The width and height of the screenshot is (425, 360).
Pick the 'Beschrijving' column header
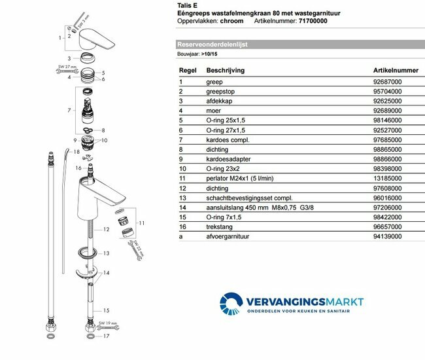226,69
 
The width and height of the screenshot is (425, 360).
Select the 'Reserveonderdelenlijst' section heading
209,44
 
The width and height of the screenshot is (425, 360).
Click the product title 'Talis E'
187,5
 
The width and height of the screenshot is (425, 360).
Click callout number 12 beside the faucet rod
105,230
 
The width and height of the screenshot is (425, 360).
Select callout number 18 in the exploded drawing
76,152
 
